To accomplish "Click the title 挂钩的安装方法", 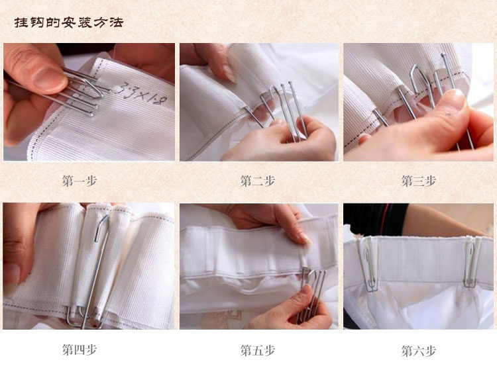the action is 68,23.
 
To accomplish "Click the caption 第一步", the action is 80,181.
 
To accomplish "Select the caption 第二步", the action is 257,181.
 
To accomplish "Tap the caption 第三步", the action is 418,181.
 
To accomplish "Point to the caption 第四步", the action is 80,349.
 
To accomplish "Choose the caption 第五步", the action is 257,350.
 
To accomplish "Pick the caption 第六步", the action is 418,351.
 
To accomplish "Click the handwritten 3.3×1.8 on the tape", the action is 141,94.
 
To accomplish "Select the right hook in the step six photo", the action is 470,263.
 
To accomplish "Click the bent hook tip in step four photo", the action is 101,227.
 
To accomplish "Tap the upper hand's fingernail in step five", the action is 305,238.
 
